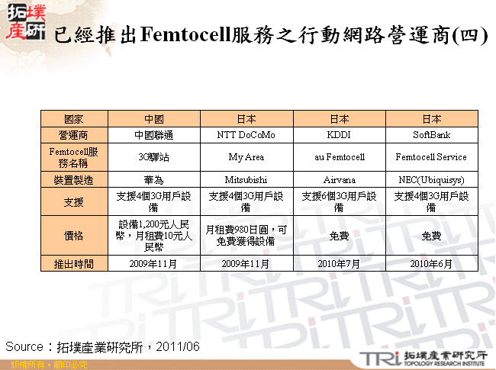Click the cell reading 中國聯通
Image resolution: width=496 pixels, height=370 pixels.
point(154,136)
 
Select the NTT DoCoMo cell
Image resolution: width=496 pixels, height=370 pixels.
point(246,136)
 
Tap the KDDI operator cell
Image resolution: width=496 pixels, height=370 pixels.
point(339,136)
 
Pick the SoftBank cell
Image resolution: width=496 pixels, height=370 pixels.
point(431,136)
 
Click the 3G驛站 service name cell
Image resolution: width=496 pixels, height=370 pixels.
point(154,157)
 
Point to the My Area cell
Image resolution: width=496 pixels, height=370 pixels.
point(246,157)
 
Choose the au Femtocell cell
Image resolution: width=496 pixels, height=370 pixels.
point(339,157)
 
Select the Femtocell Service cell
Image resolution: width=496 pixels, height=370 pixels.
point(431,157)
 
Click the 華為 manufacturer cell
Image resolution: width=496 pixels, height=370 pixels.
point(154,180)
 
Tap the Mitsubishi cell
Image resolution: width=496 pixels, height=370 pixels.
point(246,180)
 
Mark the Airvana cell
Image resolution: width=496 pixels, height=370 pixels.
point(339,180)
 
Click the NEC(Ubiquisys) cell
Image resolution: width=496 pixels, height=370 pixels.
point(431,180)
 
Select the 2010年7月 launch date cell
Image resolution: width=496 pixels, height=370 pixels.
point(339,264)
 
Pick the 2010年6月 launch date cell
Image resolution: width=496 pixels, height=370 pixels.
point(431,264)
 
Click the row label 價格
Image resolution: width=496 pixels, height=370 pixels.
point(74,236)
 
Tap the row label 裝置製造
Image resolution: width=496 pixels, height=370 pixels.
point(74,180)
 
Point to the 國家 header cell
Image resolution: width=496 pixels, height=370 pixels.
point(74,119)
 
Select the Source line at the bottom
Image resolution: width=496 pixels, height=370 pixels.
point(103,347)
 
